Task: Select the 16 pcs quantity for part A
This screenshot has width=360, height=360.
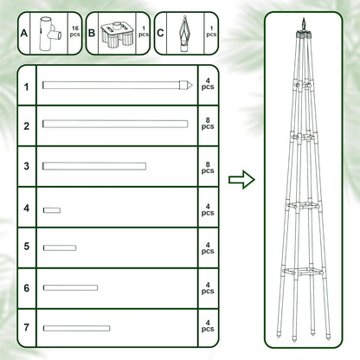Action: (74, 33)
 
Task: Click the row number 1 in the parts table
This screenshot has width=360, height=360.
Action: (27, 87)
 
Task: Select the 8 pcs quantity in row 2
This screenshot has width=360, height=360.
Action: (207, 125)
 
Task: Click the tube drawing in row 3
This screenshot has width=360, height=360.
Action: (93, 166)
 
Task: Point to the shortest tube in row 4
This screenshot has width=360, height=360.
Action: (52, 209)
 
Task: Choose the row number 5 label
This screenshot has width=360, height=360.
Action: (27, 247)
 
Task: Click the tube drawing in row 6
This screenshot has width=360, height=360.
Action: (70, 287)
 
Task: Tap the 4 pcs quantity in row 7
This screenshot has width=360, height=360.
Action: (207, 328)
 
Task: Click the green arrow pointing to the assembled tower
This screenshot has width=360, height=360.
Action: (241, 180)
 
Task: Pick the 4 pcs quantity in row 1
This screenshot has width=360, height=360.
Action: (207, 87)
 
